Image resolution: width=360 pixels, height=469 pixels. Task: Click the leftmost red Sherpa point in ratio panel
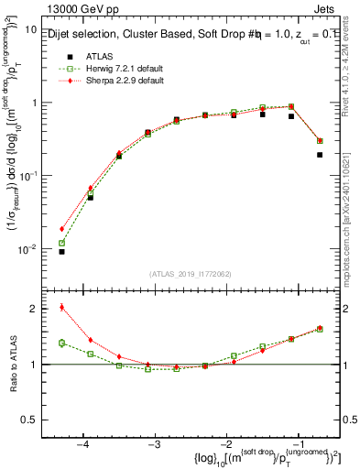coord(62,307)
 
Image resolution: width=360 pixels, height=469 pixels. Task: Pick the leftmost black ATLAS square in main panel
coord(62,251)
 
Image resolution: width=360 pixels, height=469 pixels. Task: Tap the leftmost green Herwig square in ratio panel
coord(62,343)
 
